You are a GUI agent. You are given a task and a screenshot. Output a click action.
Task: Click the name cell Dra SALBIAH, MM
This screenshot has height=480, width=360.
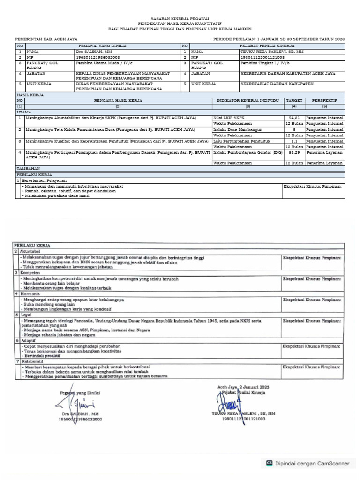point(94,52)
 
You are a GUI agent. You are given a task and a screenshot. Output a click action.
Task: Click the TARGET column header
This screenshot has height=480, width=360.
point(294,101)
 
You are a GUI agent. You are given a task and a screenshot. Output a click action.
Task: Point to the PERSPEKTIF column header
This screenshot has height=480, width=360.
point(324,101)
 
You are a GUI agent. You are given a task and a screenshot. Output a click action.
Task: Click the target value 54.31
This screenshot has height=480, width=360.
point(294,117)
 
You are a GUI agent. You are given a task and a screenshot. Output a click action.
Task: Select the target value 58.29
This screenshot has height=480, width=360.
point(294,152)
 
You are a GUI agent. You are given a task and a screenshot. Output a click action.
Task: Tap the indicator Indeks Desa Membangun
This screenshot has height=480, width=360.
point(238,129)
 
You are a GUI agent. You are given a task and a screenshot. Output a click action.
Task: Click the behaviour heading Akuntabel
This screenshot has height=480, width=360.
point(30,251)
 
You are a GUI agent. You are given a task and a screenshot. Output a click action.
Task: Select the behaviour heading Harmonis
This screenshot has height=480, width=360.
point(30,293)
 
